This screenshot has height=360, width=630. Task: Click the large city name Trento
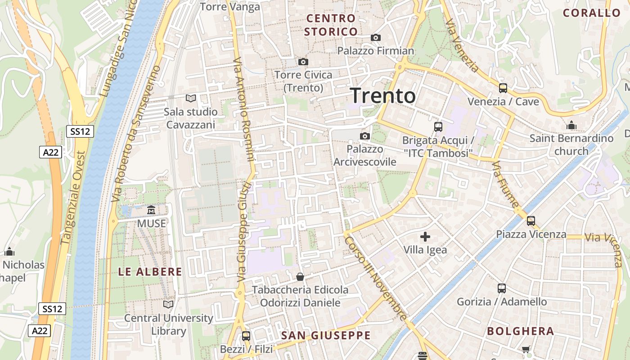click(x=382, y=96)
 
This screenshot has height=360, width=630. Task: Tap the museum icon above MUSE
click(x=151, y=210)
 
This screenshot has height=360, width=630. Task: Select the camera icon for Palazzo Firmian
click(x=376, y=38)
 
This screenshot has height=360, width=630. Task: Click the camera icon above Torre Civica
click(x=303, y=62)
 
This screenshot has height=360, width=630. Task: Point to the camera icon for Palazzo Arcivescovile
click(x=365, y=136)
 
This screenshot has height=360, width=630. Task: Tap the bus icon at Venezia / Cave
click(x=503, y=88)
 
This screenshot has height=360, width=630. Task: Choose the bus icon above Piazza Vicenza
click(x=531, y=221)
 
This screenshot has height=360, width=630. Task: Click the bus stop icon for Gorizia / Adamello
click(x=502, y=288)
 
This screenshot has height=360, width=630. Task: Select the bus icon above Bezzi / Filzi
click(x=246, y=336)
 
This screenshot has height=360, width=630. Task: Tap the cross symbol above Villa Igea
click(x=425, y=237)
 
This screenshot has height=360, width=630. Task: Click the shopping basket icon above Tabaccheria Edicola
click(x=300, y=276)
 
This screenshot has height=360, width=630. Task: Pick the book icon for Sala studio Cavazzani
click(x=191, y=98)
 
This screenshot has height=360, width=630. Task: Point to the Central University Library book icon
click(x=168, y=305)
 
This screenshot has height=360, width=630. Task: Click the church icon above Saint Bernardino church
click(x=571, y=125)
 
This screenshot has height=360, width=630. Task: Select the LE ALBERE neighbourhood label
click(x=150, y=272)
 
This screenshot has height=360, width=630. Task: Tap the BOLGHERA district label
click(x=520, y=332)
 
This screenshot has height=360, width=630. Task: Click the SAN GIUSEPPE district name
click(x=326, y=335)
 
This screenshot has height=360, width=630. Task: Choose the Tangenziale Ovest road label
click(x=73, y=198)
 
